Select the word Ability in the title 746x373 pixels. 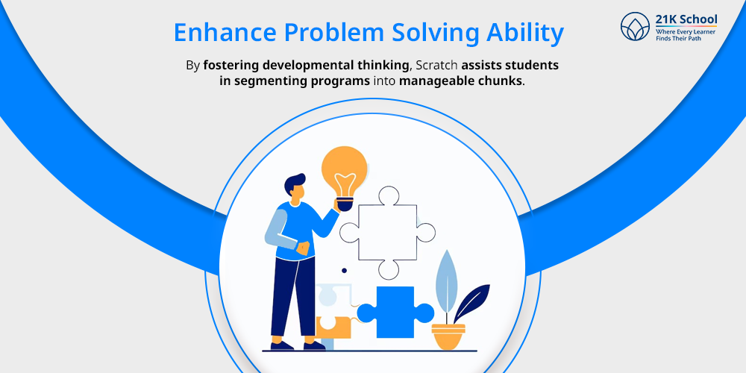coord(527,34)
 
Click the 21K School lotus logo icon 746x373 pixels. coord(636,27)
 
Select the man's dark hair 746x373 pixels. coord(293,183)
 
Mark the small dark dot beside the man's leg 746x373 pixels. coord(344,270)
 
